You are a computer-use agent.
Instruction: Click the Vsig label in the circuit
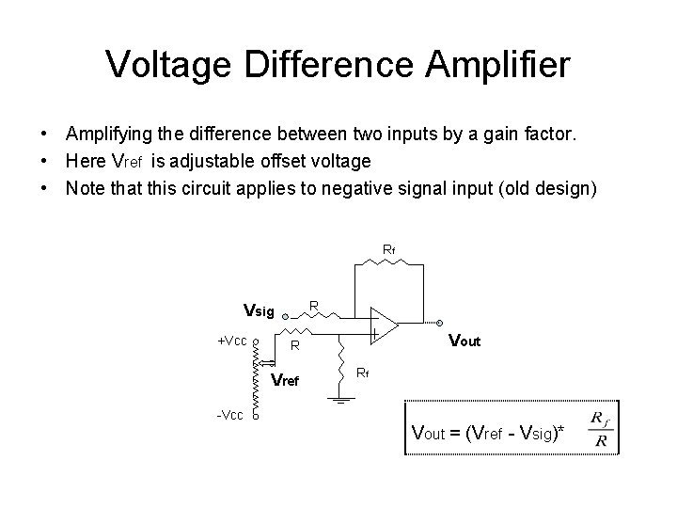click(259, 310)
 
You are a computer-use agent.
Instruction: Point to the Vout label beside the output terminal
click(464, 341)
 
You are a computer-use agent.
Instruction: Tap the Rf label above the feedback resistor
click(388, 249)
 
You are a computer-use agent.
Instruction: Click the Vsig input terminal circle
click(285, 318)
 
